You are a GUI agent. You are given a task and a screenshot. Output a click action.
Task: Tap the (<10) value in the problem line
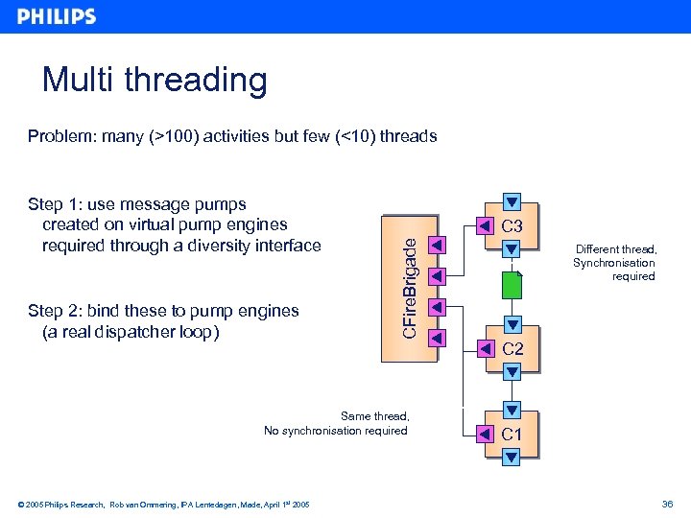pos(354,136)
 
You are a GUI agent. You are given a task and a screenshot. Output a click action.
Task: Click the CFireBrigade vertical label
pos(409,287)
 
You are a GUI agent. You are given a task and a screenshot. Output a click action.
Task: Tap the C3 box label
pos(512,227)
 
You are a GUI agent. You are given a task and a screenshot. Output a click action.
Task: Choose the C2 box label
pos(512,349)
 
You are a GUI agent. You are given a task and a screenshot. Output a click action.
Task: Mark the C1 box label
pos(512,435)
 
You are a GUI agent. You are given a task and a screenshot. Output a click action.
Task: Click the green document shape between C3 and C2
pos(512,287)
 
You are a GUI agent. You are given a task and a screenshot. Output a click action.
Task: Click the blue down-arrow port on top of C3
pos(512,203)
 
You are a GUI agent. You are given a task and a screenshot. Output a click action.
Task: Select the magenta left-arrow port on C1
pos(485,434)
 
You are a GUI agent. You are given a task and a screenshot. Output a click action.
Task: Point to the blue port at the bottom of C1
pos(512,457)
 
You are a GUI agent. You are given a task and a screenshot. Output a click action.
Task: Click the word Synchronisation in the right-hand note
pos(614,263)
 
